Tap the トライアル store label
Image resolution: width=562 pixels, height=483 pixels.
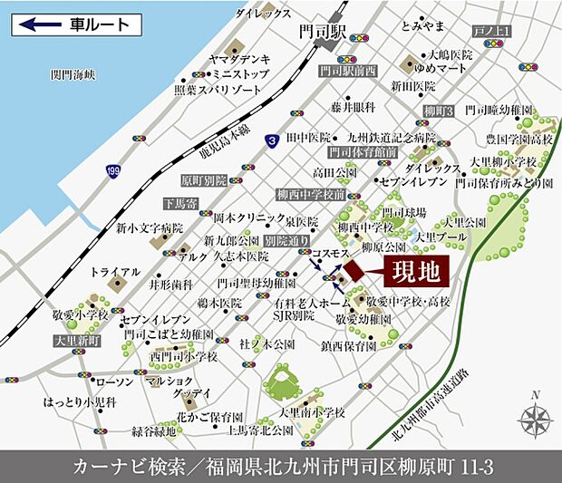pos(116,271)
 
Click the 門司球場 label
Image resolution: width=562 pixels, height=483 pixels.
pos(404,212)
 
